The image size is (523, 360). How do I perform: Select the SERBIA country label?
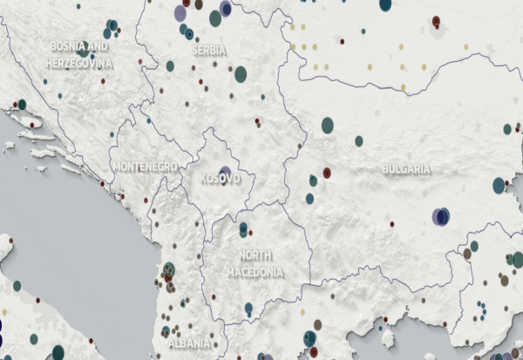[209, 51]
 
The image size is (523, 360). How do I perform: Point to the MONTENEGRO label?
[145, 166]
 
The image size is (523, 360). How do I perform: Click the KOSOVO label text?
[220, 179]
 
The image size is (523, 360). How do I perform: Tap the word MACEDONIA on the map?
[255, 272]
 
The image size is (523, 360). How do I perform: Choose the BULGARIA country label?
[406, 168]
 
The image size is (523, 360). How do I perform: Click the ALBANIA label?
[189, 343]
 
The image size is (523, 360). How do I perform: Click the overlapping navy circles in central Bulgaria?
[441, 215]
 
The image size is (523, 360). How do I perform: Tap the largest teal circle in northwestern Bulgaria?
[328, 126]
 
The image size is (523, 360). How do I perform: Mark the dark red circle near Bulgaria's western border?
[327, 173]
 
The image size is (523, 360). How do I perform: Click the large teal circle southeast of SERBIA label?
[241, 74]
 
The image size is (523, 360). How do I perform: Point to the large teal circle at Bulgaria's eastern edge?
[499, 186]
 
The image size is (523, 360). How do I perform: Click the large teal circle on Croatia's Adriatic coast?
[22, 105]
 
